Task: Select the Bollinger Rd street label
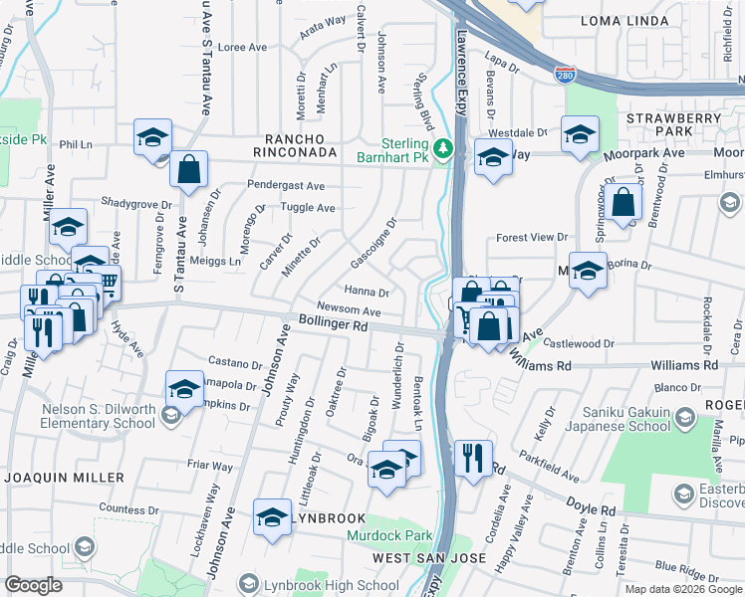pos(333,322)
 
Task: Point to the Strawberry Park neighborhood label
pos(673,124)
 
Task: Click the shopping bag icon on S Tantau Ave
pos(188,170)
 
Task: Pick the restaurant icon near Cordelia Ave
pos(473,459)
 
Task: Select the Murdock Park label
pos(390,535)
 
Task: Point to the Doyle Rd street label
pos(593,509)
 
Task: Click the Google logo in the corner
pos(34,585)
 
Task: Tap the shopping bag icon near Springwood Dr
pos(623,202)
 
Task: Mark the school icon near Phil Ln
pos(152,137)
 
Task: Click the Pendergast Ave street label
pos(287,186)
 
